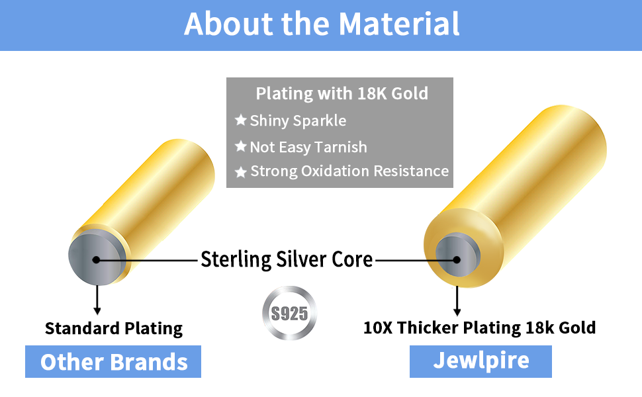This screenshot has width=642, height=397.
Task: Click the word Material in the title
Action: pyautogui.click(x=399, y=24)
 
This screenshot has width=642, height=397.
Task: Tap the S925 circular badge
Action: pyautogui.click(x=289, y=312)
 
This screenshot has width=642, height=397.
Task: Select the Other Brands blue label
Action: pyautogui.click(x=113, y=362)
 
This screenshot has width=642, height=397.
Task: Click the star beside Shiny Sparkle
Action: pyautogui.click(x=241, y=121)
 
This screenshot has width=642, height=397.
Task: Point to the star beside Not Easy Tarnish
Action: pyautogui.click(x=241, y=147)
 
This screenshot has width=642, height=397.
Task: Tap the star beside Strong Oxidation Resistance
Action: pyautogui.click(x=241, y=172)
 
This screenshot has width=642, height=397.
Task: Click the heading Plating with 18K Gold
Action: pyautogui.click(x=342, y=93)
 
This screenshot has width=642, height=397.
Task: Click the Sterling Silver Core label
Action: pyautogui.click(x=287, y=259)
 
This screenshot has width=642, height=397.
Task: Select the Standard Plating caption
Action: pyautogui.click(x=113, y=328)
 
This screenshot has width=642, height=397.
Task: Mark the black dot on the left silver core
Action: pyautogui.click(x=96, y=259)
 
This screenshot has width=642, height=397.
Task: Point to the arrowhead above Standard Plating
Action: pyautogui.click(x=97, y=310)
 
